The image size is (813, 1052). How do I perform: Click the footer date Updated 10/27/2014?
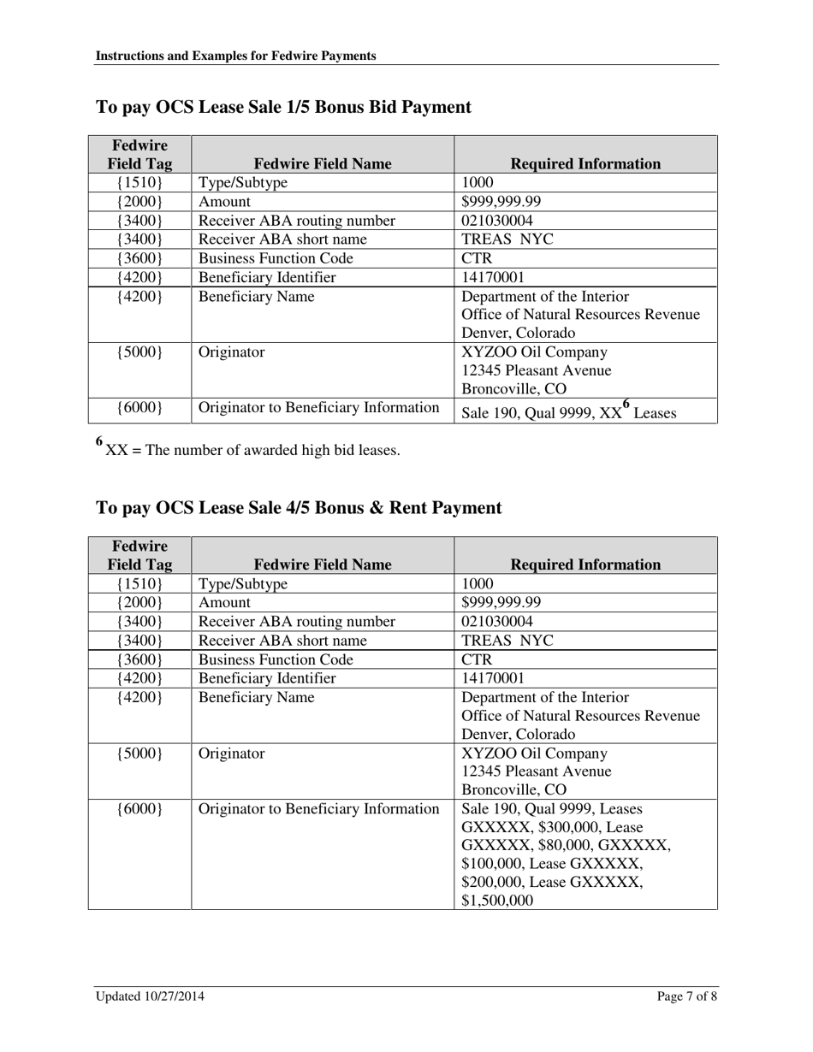pos(150,996)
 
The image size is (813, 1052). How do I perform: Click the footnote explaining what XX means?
pos(248,449)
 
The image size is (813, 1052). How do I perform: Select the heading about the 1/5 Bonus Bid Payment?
pos(283,107)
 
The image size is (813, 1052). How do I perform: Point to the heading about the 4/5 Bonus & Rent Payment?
pos(299,508)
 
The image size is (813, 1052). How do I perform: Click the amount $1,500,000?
pos(497,901)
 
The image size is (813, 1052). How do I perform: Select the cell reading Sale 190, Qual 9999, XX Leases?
pos(569,412)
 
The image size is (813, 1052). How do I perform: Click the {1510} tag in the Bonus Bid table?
pos(139,183)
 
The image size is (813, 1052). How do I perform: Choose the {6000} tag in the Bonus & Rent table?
pos(139,809)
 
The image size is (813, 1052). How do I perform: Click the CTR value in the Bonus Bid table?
pos(477,258)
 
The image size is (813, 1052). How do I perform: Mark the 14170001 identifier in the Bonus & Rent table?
pos(493,678)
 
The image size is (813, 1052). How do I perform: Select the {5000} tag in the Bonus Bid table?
pos(139,352)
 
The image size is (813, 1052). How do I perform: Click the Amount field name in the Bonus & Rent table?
pos(225,603)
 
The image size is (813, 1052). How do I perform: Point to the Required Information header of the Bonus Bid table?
pos(585,163)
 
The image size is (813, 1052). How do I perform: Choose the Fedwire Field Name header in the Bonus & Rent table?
pos(323,564)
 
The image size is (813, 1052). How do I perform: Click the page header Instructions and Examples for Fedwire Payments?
pos(236,56)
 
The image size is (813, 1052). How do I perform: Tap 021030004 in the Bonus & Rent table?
pos(497,622)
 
